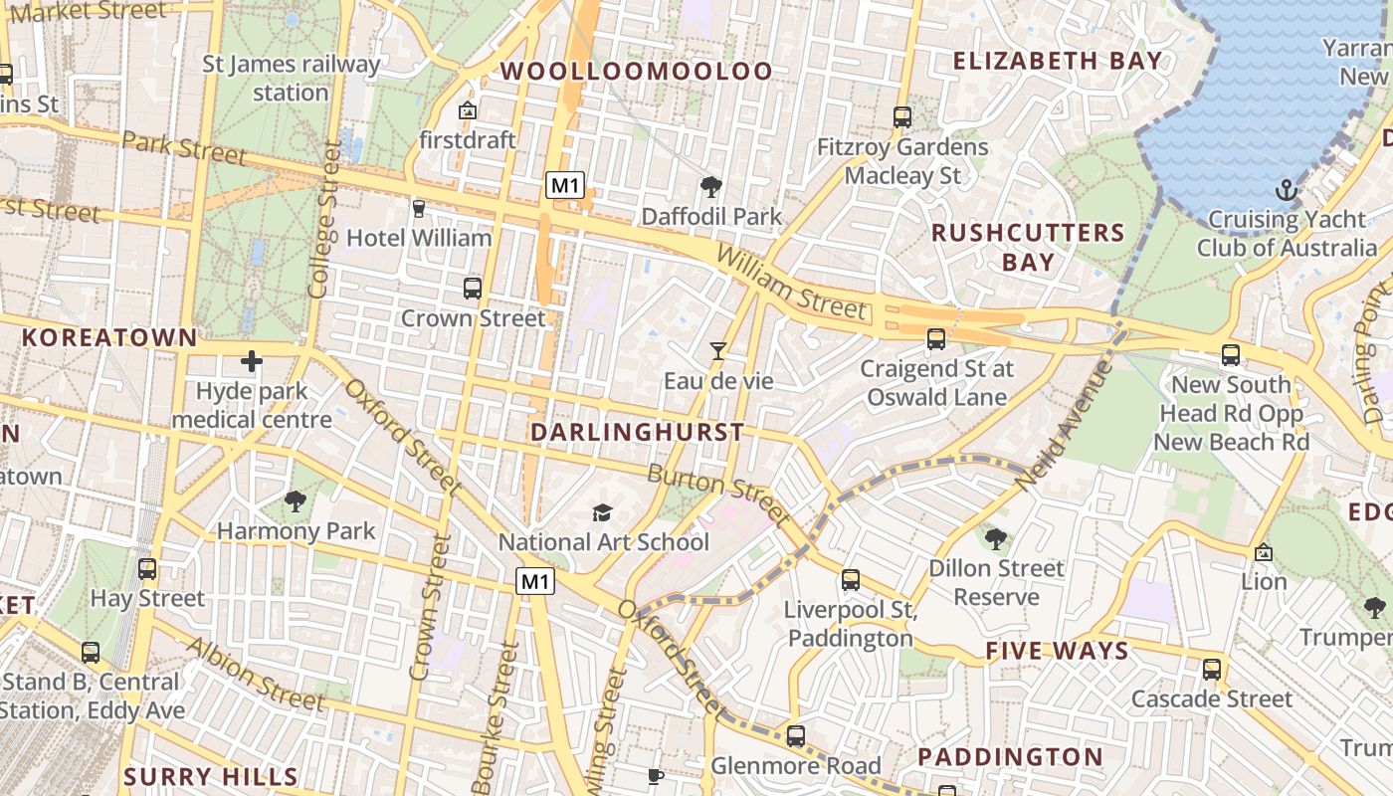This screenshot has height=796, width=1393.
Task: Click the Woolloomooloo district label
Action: (x=637, y=71)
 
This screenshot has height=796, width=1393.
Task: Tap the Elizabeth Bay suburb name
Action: (x=1058, y=61)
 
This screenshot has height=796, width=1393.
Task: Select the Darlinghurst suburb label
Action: (x=637, y=432)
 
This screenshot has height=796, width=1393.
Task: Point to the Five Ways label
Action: (x=1057, y=651)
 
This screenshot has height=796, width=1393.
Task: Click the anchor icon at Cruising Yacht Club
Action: (x=1288, y=189)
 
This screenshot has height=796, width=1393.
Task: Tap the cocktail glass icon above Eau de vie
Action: (x=717, y=350)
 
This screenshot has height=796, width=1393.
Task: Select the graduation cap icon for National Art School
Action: (x=602, y=512)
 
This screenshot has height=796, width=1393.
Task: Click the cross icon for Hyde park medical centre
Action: (x=251, y=361)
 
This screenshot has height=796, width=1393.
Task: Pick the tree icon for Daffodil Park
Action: (x=710, y=186)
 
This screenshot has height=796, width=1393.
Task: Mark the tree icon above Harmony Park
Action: (x=296, y=500)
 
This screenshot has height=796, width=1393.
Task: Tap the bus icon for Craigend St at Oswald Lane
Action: (x=936, y=339)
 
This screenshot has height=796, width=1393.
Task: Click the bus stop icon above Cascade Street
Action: (x=1211, y=670)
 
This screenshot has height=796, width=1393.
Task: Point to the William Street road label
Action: (x=791, y=284)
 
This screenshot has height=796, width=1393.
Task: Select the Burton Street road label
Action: (x=718, y=493)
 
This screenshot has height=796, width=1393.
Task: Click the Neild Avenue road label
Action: (x=1064, y=424)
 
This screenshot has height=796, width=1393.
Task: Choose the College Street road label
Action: (x=324, y=221)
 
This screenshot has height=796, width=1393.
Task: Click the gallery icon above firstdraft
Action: (x=467, y=110)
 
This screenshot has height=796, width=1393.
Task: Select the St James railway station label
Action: (x=291, y=79)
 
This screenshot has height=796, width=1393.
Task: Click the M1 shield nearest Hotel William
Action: (x=564, y=184)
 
